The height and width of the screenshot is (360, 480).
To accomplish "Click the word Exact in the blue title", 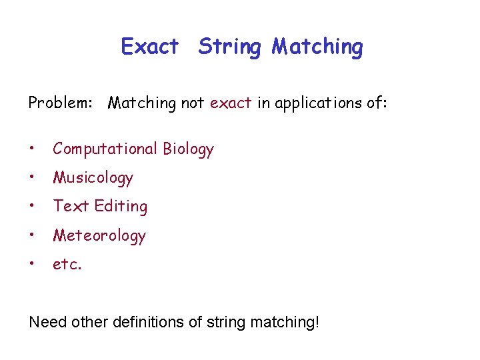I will tap(150, 47).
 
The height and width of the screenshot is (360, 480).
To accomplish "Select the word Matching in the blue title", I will tap(317, 47).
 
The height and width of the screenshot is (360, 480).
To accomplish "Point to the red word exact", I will tap(231, 103).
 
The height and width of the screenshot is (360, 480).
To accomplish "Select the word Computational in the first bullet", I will tap(105, 149).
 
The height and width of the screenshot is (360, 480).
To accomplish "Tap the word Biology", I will tap(188, 149).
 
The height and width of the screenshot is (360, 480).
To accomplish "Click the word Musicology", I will tap(93, 178).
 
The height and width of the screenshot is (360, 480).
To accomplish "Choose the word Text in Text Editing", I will tap(71, 207).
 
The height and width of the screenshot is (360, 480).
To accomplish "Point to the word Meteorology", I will tap(99, 236).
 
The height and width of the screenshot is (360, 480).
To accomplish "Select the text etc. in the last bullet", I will tap(67, 265).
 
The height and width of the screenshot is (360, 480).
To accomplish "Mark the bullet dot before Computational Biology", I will tap(33, 149).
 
